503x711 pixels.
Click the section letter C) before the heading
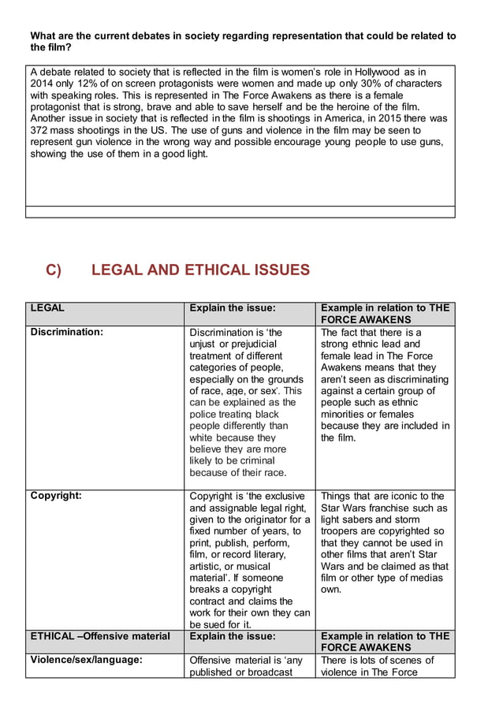click(x=53, y=270)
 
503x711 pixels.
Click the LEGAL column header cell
click(x=47, y=308)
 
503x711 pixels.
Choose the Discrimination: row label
click(x=67, y=332)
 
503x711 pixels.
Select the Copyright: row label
click(x=56, y=496)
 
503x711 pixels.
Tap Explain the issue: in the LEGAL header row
click(x=233, y=308)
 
